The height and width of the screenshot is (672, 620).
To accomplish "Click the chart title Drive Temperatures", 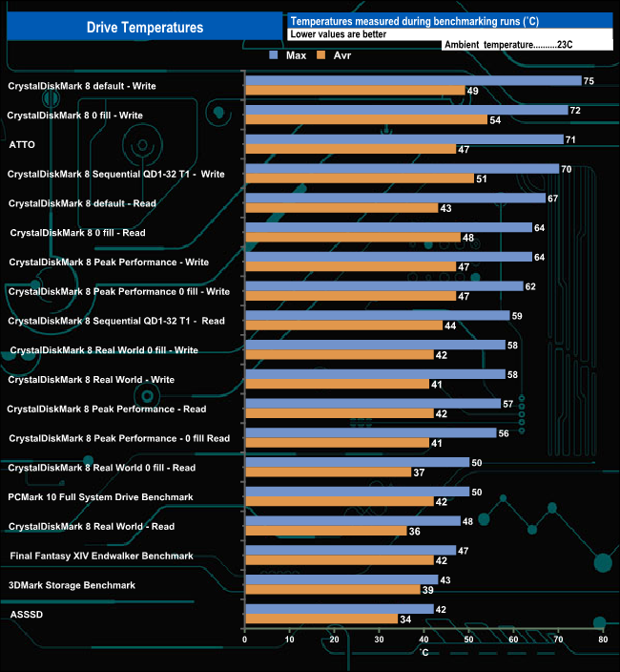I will (145, 28).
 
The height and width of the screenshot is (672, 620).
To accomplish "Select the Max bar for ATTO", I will (403, 139).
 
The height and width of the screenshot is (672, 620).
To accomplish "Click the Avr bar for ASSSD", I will (321, 619).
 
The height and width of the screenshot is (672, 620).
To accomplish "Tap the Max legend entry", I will (289, 56).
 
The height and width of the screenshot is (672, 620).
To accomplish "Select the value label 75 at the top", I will (589, 81).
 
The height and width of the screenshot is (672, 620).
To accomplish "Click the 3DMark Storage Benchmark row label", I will (72, 585).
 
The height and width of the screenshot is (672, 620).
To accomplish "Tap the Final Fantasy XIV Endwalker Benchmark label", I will (101, 556).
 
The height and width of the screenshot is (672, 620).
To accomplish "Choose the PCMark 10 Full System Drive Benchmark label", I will (100, 496).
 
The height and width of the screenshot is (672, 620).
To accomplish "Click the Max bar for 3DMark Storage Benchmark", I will (341, 580).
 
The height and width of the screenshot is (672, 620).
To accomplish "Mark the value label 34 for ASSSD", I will (405, 619).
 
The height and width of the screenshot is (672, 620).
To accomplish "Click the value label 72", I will (575, 111).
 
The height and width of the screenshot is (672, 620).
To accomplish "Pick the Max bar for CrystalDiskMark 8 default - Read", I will (395, 199).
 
